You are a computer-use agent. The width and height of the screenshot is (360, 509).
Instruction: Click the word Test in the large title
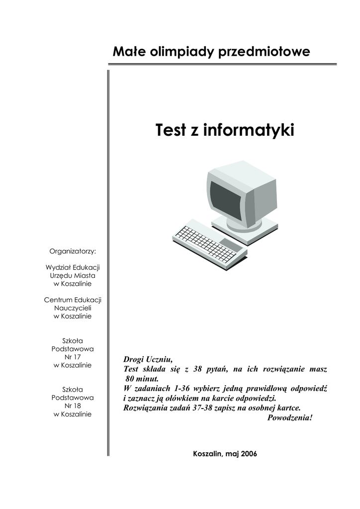[x=171, y=131]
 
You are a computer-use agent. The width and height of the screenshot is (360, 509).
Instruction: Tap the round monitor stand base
[x=244, y=225]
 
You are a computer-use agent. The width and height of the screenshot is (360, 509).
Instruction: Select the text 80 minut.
[x=142, y=378]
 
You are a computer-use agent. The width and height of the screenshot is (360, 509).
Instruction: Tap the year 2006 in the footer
[x=249, y=454]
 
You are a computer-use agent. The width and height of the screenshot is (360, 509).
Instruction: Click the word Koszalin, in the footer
[x=207, y=454]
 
